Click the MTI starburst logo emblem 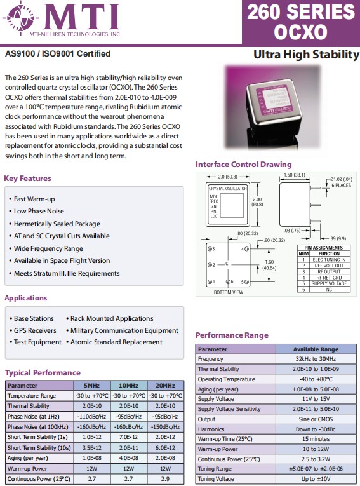coord(21,18)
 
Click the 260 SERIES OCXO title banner coord(300,22)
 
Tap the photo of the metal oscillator coord(272,107)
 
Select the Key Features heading coord(27,179)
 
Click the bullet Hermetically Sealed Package coord(57,224)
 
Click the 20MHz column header coord(166,386)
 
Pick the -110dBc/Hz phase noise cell coord(92,417)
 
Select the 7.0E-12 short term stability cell coord(128,437)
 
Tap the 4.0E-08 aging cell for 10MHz coord(128,458)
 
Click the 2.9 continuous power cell coord(166,478)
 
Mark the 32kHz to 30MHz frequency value coord(316,359)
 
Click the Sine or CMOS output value coord(316,419)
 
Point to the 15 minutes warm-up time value coord(316,439)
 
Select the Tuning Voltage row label coord(216,479)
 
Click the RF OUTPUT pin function coord(329,271)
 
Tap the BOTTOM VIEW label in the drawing coord(229,292)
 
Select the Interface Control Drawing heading coord(244,165)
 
